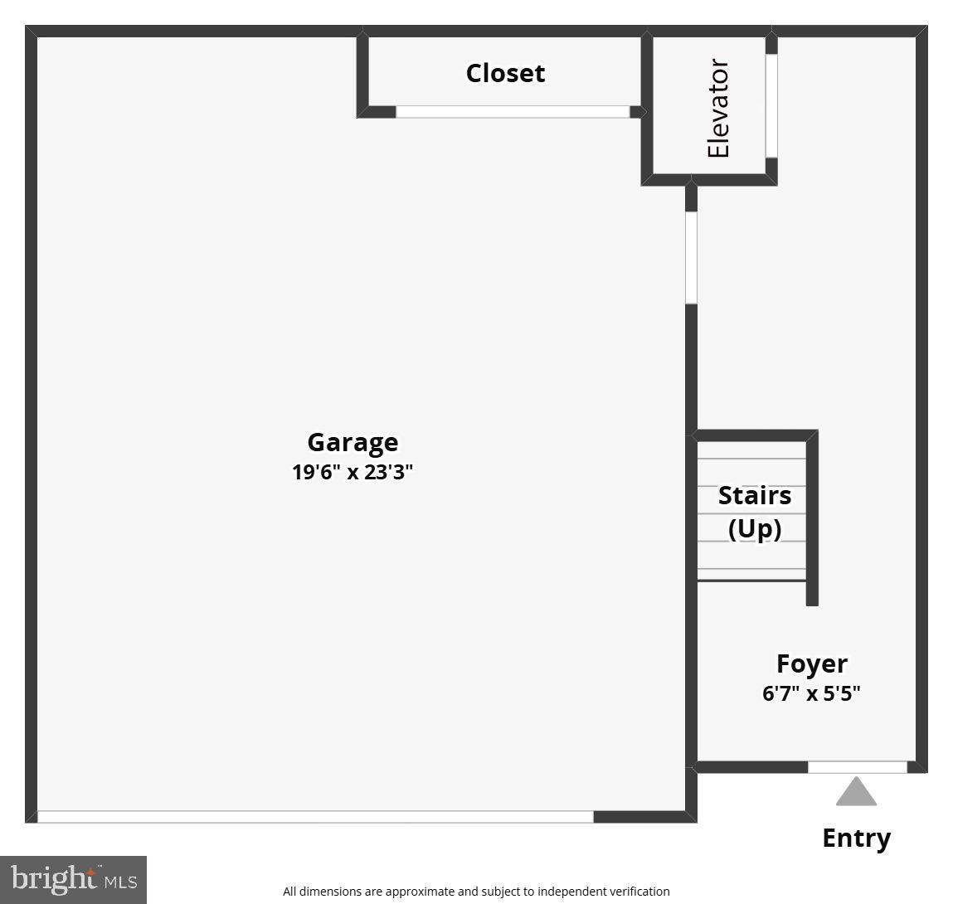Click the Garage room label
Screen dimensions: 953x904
pos(353,443)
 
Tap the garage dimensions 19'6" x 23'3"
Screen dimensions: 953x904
pos(353,472)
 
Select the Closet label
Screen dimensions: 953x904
pos(506,73)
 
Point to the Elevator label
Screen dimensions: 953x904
pos(718,108)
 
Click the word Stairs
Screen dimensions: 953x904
pos(755,495)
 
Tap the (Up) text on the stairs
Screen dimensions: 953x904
pos(755,529)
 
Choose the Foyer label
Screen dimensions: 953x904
pos(812,663)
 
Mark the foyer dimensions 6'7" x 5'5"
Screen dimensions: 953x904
pos(811,693)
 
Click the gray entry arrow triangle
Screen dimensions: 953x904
pos(856,791)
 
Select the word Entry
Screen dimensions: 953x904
pos(856,838)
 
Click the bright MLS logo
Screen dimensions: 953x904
pos(74,880)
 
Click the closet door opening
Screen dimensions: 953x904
pos(513,112)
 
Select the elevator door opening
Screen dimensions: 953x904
pos(771,106)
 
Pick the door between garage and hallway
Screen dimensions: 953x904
pos(691,258)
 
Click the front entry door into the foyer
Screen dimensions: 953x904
pos(858,767)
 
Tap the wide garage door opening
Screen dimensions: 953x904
pos(315,816)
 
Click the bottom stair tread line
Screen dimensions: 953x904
pos(751,581)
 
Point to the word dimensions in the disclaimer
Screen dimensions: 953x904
pos(331,892)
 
